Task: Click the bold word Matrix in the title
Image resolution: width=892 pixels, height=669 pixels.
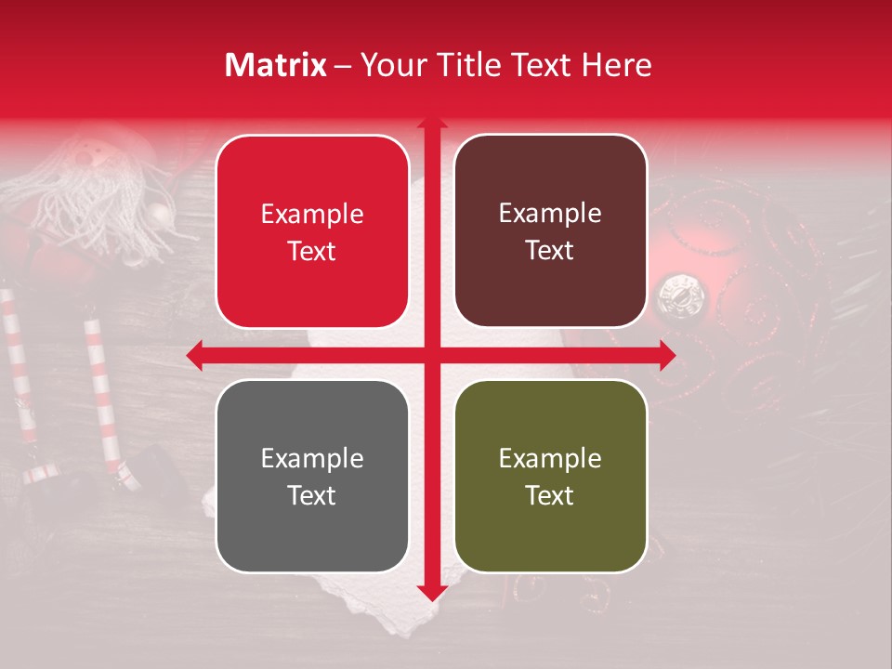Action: tap(276, 65)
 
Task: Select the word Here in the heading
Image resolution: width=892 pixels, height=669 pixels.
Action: tap(617, 65)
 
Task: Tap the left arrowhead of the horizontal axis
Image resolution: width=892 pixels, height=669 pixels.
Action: tap(193, 355)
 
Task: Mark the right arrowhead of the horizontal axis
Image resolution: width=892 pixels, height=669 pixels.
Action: tap(668, 355)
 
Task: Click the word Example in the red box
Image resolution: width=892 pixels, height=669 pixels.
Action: tap(312, 215)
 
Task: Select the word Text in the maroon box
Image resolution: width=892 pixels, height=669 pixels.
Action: tap(550, 251)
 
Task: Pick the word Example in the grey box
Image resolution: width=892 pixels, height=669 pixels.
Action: tap(312, 459)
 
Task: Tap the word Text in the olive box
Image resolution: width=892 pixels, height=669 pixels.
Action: tap(550, 495)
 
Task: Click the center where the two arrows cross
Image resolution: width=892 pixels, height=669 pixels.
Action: tap(431, 355)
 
